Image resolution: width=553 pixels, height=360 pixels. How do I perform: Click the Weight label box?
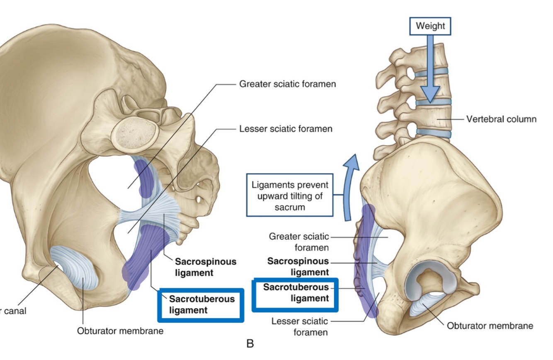tap(430, 26)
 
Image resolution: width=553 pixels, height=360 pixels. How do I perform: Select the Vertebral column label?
tap(501, 119)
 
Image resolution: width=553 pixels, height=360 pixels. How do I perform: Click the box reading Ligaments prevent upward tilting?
tap(289, 195)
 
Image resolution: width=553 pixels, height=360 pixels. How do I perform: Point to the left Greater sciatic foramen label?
tap(287, 84)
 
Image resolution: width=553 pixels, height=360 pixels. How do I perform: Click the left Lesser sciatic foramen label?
tap(286, 129)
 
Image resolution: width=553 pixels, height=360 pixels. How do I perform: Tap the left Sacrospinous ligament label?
tap(205, 267)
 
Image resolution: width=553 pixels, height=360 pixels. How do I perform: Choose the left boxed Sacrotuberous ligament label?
tap(201, 304)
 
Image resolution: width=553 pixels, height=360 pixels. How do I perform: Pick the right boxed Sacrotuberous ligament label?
tap(296, 293)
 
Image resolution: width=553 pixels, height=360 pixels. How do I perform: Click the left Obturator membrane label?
tap(120, 331)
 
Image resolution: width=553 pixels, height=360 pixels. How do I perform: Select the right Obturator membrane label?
tap(490, 326)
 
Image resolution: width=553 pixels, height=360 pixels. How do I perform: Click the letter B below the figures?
tap(250, 343)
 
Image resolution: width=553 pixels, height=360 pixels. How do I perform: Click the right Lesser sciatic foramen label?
tap(299, 326)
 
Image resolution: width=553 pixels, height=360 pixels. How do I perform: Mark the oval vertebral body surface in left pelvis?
tap(136, 133)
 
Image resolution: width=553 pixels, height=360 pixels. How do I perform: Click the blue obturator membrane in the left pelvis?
tap(75, 267)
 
